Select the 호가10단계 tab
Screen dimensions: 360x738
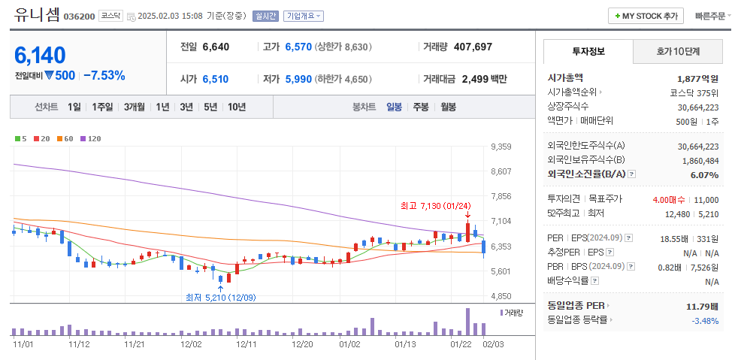(678, 52)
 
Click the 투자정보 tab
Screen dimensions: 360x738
(588, 52)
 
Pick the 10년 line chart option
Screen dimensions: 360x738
(236, 107)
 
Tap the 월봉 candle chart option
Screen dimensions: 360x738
(448, 107)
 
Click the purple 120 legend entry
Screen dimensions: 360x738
(91, 138)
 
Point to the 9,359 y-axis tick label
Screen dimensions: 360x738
(501, 147)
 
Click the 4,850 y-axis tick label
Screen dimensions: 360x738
(501, 296)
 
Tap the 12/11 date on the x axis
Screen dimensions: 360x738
(247, 344)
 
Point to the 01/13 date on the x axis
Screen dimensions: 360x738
(405, 344)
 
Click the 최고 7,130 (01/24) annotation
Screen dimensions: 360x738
(436, 205)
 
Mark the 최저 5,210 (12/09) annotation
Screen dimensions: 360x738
(220, 297)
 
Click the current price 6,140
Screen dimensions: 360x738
(40, 55)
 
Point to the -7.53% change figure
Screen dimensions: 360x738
(104, 75)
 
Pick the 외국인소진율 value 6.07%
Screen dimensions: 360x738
(704, 174)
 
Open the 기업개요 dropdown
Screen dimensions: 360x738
(304, 16)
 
